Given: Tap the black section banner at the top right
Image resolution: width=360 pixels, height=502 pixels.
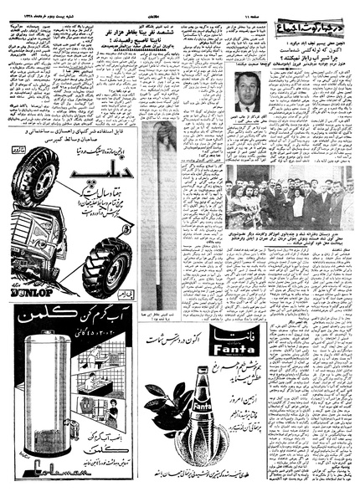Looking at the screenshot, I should (320, 25).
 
